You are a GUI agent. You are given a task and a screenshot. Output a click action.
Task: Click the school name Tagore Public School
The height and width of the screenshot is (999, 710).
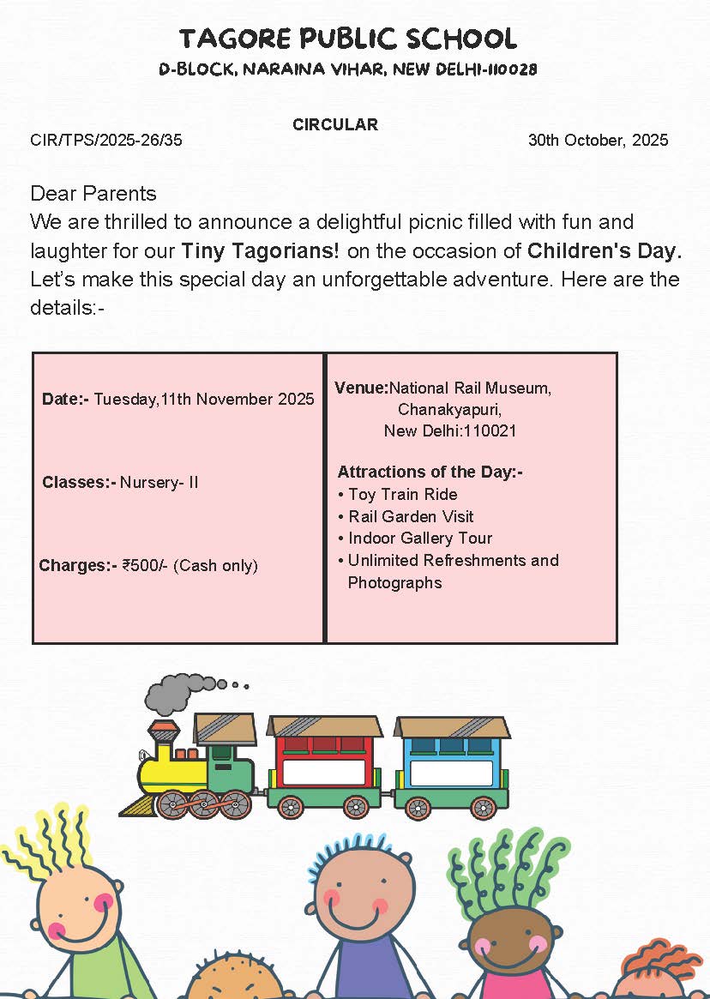pos(348,39)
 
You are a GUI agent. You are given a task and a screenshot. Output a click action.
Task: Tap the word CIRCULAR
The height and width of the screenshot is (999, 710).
pos(334,124)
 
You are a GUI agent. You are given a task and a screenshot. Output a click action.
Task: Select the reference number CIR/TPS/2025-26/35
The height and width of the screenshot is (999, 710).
pos(106,141)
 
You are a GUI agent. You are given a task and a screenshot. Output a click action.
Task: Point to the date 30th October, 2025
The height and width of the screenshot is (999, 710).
pos(598,141)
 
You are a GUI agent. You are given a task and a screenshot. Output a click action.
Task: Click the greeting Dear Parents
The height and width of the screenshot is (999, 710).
pos(93,193)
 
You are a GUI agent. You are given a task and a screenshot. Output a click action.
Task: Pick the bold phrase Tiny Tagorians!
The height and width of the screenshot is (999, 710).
pos(261,251)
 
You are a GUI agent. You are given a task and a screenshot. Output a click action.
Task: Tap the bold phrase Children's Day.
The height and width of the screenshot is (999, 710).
pos(605,251)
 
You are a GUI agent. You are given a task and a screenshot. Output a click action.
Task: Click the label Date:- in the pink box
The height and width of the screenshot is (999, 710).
pos(65,399)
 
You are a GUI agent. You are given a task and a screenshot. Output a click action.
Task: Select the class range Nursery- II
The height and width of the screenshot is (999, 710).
pos(159,482)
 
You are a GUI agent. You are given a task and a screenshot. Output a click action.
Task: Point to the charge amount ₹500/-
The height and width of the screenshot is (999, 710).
pos(146,565)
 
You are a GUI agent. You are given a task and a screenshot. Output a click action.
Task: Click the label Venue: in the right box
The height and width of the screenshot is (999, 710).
pos(361,388)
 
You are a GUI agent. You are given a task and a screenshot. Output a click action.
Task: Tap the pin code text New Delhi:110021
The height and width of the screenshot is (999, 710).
pos(449,430)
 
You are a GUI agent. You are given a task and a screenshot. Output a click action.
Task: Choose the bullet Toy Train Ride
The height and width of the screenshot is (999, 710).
pos(402,494)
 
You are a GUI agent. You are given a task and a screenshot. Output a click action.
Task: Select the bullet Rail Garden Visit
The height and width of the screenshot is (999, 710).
pos(411,516)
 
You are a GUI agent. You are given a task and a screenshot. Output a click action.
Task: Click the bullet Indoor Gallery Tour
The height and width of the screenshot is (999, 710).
pos(420,539)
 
